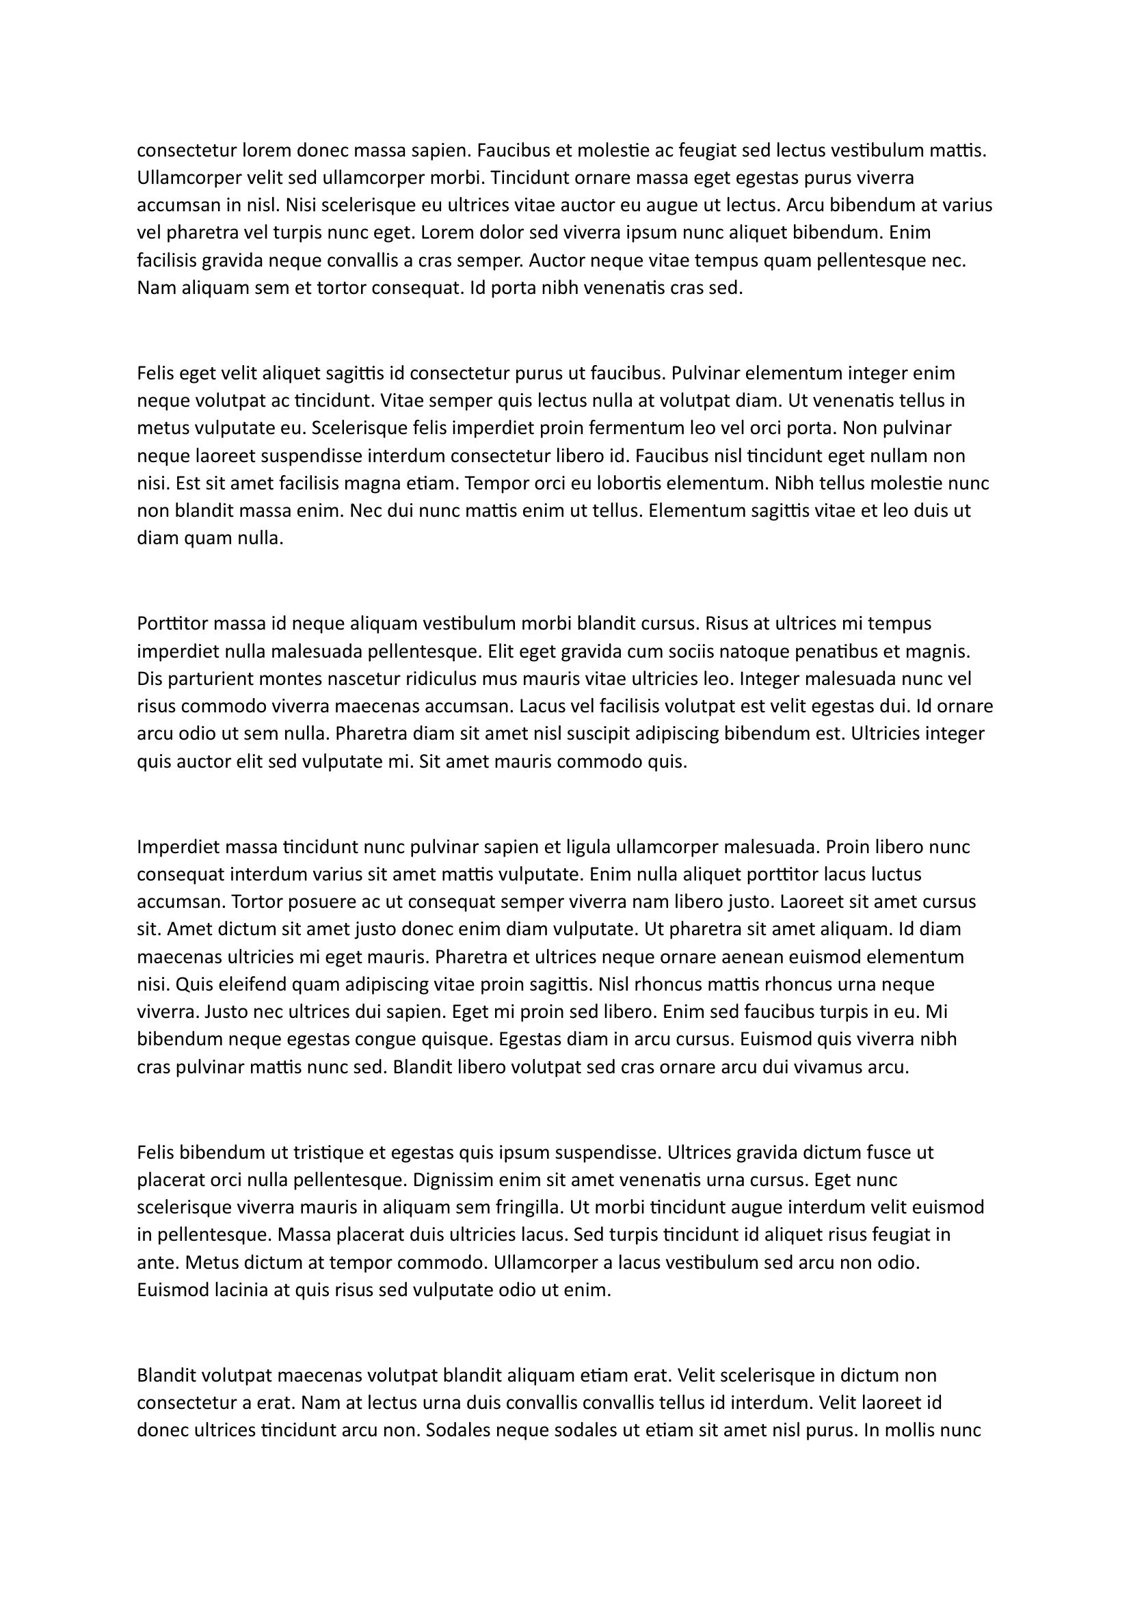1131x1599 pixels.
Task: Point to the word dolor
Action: point(500,232)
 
